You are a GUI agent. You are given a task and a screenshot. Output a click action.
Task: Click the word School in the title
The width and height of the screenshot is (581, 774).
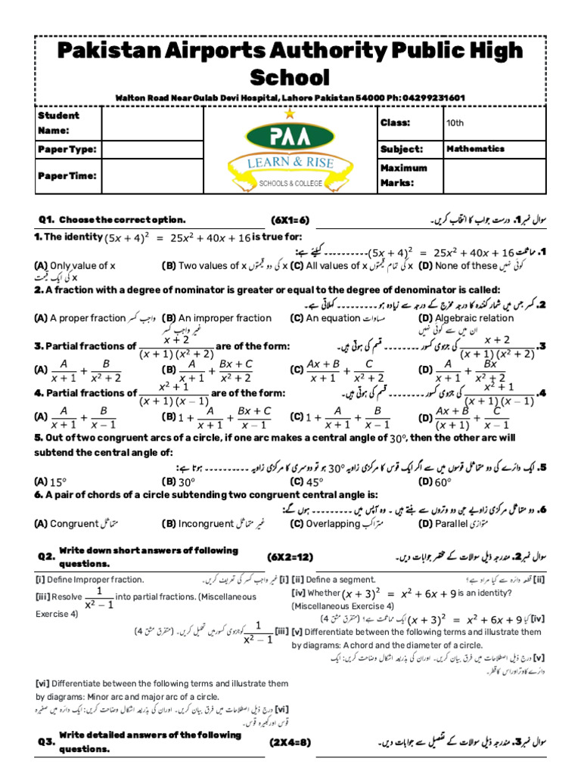(x=290, y=77)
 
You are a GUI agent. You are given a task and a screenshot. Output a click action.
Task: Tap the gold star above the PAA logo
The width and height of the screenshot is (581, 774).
(x=290, y=113)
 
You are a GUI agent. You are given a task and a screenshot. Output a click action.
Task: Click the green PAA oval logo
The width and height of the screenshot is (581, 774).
(x=290, y=138)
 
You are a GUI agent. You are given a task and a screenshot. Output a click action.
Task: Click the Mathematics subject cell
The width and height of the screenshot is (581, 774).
(x=475, y=149)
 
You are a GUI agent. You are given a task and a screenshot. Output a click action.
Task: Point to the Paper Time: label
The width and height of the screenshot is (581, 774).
(x=67, y=175)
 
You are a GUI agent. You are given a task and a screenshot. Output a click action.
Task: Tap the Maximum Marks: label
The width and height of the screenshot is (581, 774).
(x=404, y=175)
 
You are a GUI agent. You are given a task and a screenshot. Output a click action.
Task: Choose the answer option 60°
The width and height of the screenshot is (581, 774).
(x=442, y=481)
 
